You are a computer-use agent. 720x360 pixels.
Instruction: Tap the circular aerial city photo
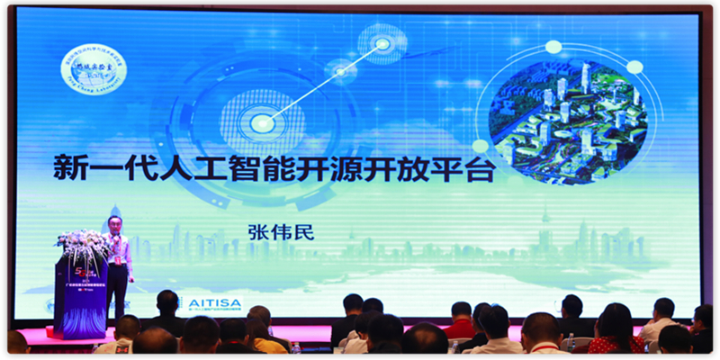[x=571, y=111]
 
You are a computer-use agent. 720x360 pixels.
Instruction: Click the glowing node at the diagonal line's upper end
[x=383, y=42]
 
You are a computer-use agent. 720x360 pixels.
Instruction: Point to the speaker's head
[x=115, y=222]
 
